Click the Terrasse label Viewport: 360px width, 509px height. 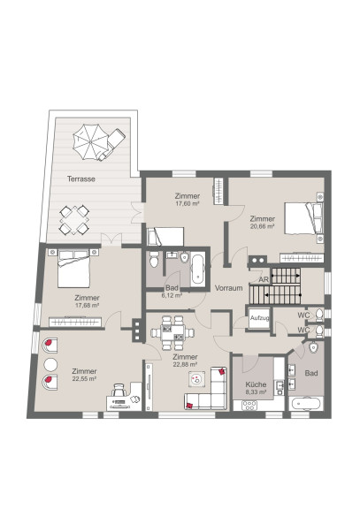80,179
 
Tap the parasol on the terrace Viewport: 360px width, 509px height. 89,142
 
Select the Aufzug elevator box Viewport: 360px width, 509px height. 259,318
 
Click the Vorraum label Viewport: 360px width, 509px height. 229,288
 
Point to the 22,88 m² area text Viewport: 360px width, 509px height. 186,364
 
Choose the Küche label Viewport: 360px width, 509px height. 256,384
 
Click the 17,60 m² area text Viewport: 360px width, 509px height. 188,203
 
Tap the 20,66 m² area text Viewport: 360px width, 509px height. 262,226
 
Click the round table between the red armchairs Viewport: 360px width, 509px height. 50,365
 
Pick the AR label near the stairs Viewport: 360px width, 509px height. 264,279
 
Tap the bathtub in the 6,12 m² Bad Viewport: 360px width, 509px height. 197,270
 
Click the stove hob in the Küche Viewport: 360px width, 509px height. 249,405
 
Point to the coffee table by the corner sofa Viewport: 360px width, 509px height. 197,378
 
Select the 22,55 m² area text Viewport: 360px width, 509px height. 84,378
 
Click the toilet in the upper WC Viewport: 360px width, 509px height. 318,315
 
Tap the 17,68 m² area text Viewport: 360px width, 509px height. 87,305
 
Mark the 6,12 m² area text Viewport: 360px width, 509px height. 172,295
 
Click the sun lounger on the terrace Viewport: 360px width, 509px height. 112,143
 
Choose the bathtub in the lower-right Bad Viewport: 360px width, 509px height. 306,404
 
